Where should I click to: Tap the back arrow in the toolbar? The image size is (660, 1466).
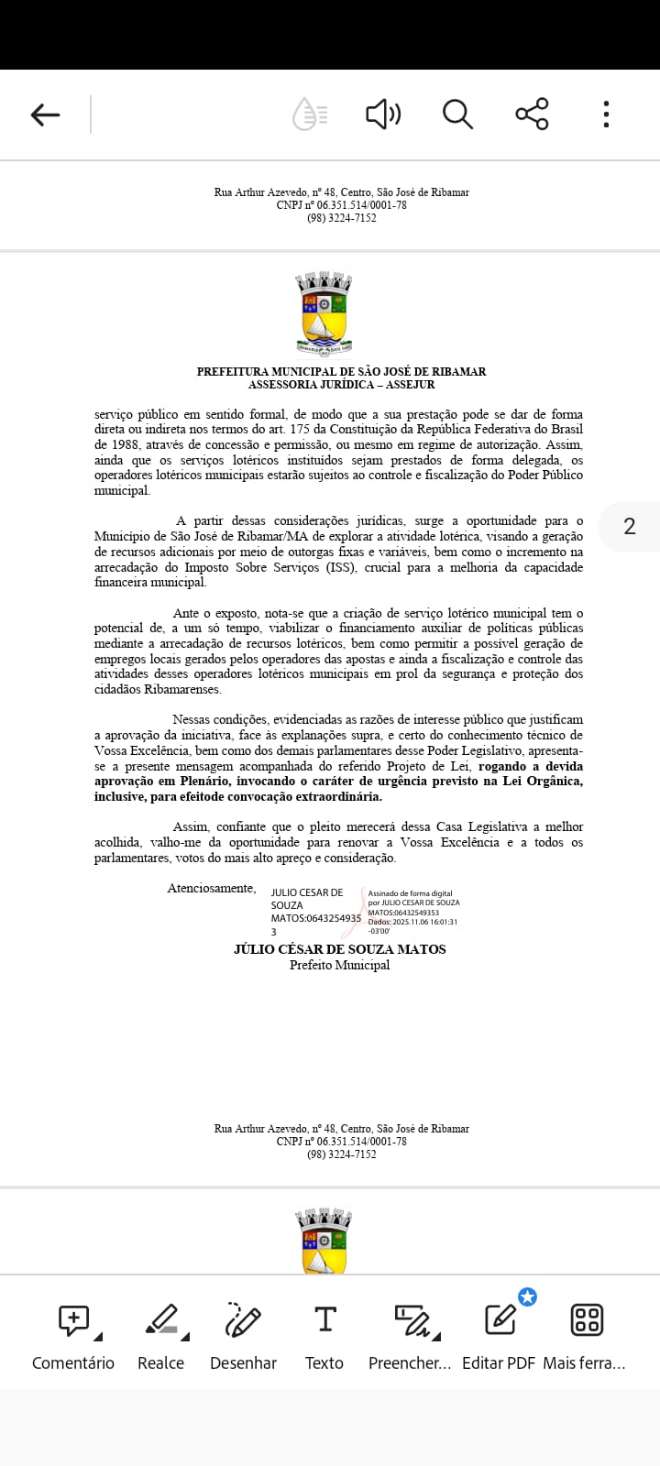point(45,115)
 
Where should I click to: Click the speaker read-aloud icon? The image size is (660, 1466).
point(383,115)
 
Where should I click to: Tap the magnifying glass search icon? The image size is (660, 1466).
point(457,115)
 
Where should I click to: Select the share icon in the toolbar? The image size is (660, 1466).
point(532,115)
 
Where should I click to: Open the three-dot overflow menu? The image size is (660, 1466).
point(606,115)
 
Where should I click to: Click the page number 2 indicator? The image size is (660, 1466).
point(629,526)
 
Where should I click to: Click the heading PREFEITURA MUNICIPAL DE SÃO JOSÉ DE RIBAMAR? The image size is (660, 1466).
point(341,371)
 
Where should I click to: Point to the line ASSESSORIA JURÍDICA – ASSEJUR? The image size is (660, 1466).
point(341,385)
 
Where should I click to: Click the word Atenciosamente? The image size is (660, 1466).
point(212,888)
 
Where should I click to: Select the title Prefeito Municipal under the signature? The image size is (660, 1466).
point(340,965)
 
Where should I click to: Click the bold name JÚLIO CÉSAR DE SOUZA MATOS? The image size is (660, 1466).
point(340,949)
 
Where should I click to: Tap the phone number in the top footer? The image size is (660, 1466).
point(341,218)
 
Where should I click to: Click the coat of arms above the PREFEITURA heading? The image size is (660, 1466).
point(324,312)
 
